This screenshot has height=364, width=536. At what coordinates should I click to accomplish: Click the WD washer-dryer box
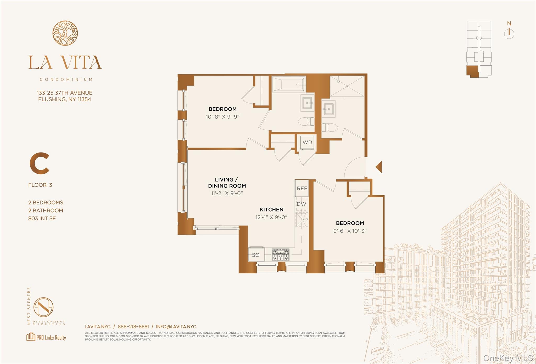coord(307,143)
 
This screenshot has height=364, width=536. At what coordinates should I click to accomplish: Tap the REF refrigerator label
coord(302,188)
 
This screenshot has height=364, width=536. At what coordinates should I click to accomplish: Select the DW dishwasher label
coord(301,204)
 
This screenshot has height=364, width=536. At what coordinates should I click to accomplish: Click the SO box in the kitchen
coord(256,254)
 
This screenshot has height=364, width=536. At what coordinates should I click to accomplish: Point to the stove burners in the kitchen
coord(280,254)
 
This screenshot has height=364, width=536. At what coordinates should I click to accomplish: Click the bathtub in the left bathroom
coord(289,84)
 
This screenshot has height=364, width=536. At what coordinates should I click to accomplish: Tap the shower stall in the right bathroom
coord(347,86)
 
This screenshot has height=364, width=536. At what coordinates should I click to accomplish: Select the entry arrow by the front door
coord(379,167)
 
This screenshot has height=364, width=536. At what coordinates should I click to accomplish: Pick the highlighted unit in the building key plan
coord(473,71)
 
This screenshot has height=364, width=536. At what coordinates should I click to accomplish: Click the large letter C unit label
coord(40,164)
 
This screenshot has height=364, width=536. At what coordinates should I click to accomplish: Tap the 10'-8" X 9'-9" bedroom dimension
coord(222,117)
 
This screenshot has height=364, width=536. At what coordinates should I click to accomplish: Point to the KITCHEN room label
coord(271,209)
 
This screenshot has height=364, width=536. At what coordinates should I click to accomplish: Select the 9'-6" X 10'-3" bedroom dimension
coord(350,231)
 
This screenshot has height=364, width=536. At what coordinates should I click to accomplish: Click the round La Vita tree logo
coord(65,33)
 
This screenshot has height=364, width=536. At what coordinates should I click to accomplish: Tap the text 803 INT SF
coord(42,218)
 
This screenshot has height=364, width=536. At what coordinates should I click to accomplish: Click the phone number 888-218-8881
coord(133,327)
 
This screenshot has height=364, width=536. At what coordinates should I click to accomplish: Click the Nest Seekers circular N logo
coord(43,307)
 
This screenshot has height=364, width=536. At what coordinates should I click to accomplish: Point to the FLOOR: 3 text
coord(40,185)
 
